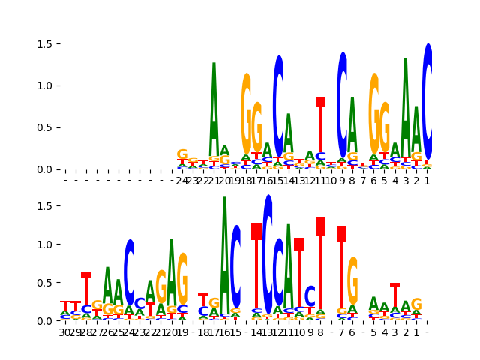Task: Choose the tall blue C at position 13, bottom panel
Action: tap(268, 255)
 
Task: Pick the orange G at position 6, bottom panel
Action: tap(352, 281)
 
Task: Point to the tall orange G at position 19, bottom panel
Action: tap(182, 279)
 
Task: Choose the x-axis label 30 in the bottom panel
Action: tap(65, 331)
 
